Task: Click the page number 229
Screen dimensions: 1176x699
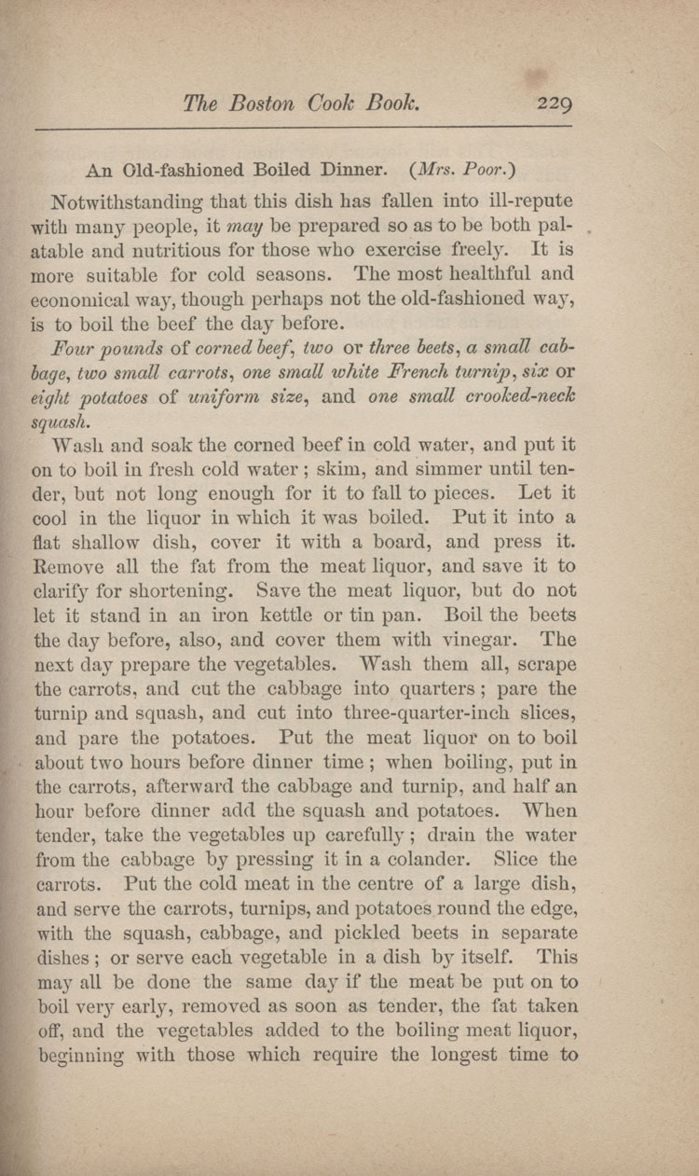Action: point(554,103)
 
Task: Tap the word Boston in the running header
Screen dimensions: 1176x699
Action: point(254,103)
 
